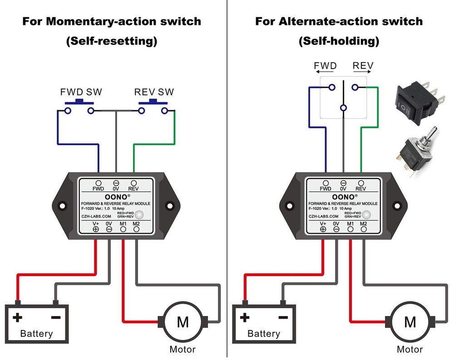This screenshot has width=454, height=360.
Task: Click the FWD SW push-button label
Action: (x=81, y=92)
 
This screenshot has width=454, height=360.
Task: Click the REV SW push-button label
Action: (x=154, y=92)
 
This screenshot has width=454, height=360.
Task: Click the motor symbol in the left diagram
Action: (x=183, y=322)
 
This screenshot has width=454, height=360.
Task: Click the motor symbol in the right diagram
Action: (x=410, y=322)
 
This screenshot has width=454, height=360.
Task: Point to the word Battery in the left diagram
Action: (x=36, y=334)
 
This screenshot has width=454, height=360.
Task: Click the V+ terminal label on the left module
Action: (x=96, y=223)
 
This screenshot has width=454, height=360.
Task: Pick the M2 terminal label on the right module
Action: (x=364, y=223)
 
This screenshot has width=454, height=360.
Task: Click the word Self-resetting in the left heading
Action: (x=112, y=41)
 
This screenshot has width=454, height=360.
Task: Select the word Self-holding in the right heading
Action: (x=339, y=41)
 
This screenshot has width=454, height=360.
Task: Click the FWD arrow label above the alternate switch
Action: (x=326, y=66)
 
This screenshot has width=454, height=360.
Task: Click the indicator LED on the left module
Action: (x=140, y=214)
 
